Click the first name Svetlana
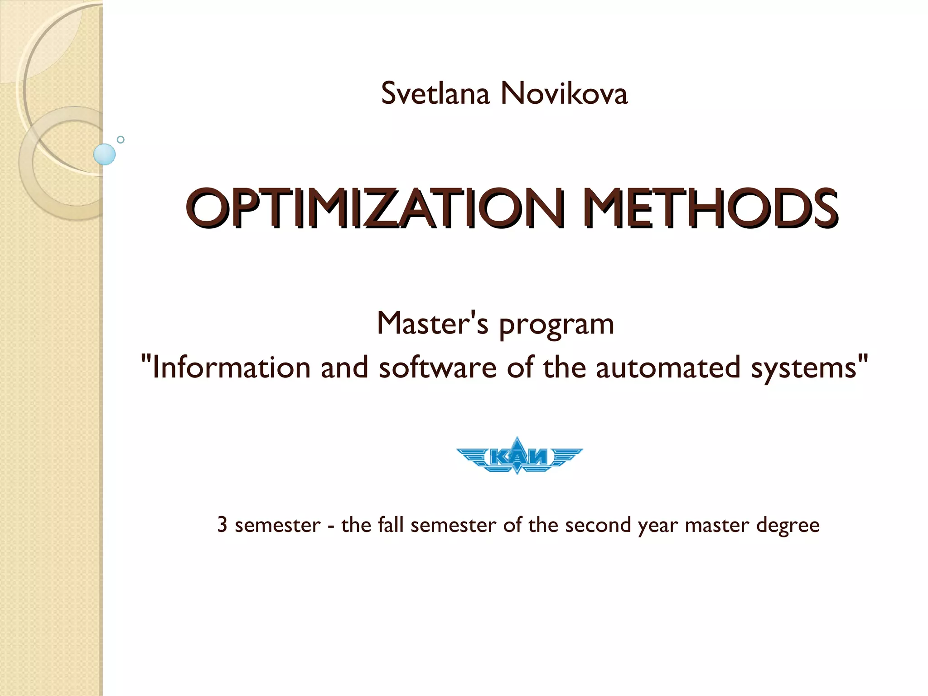(435, 94)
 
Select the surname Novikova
(564, 94)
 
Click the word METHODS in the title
(710, 208)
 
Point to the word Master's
(432, 324)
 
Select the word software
(438, 367)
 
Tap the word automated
(668, 367)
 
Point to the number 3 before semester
(222, 525)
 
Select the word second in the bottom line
(598, 525)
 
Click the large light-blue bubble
(105, 154)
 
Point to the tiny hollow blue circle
(121, 140)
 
